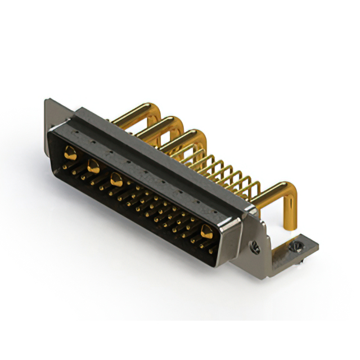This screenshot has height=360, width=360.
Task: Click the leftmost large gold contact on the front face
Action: tap(70, 151)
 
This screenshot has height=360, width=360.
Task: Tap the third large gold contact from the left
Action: tap(116, 180)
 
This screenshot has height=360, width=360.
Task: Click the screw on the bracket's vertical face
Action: tap(254, 245)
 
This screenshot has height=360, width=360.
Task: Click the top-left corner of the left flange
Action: tap(46, 101)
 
